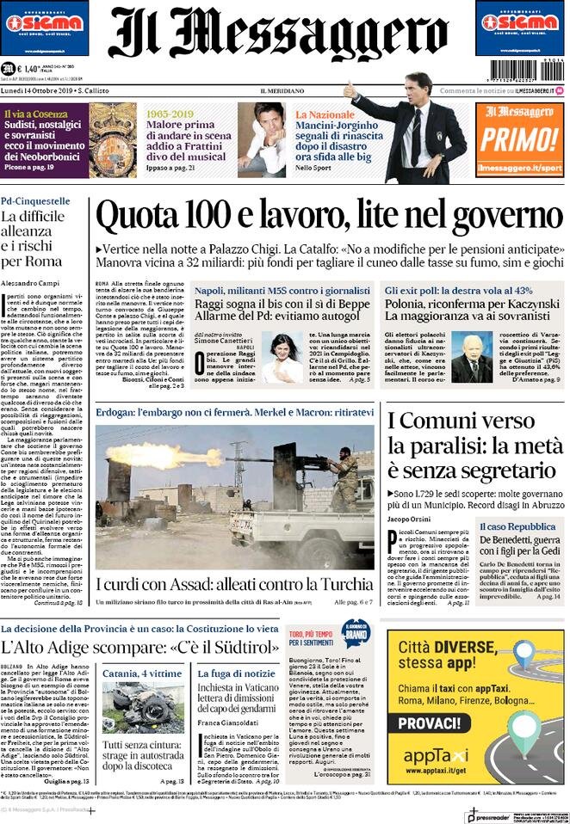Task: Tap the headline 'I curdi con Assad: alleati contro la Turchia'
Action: (x=232, y=584)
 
